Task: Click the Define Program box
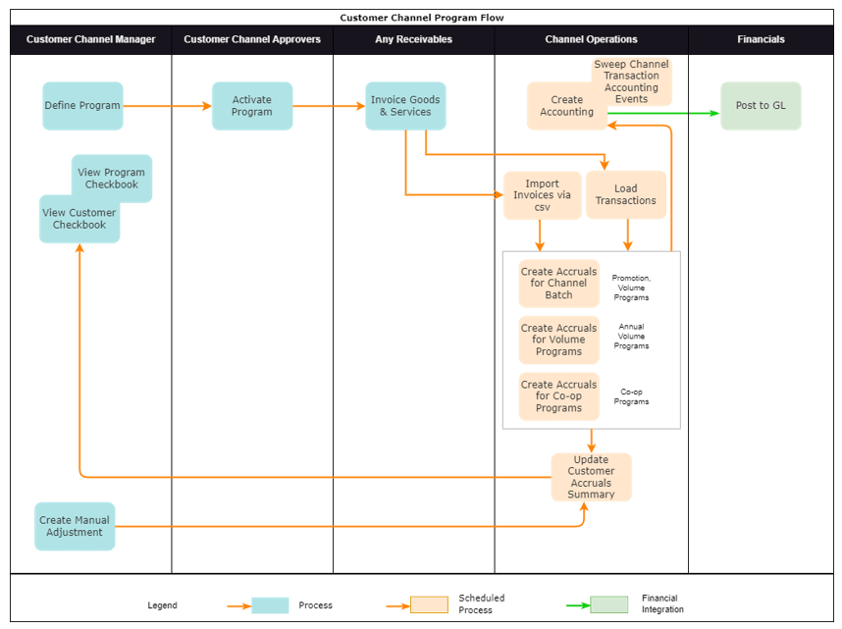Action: (82, 106)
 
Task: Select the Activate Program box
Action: (252, 106)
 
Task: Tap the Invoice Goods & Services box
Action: (405, 106)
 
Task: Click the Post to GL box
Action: (761, 106)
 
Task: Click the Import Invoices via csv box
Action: (542, 195)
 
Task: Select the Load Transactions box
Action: (626, 195)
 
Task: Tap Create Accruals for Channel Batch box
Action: (558, 284)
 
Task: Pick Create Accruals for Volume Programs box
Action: (558, 340)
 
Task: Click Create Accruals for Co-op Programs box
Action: (558, 396)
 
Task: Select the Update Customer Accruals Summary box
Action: (591, 477)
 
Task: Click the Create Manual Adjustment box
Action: (75, 527)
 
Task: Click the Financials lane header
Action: (761, 39)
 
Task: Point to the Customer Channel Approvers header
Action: (252, 39)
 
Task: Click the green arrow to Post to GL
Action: (667, 113)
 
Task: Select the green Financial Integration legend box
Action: (608, 604)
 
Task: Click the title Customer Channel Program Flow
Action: (421, 18)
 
